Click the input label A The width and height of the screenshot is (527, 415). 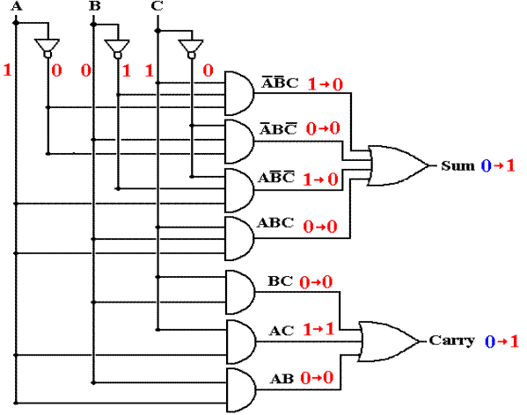[x=17, y=6]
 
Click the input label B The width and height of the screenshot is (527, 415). [x=95, y=6]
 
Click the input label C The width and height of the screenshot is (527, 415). [x=157, y=6]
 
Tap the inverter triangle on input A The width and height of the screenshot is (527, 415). [x=48, y=47]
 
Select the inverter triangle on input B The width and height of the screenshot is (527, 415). [x=117, y=47]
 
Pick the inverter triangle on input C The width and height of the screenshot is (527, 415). [x=191, y=47]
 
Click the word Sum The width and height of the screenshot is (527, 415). [x=457, y=165]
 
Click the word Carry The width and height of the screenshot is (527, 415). [x=451, y=340]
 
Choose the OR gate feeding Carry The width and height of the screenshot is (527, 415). [x=389, y=341]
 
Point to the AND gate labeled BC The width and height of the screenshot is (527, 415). [x=240, y=292]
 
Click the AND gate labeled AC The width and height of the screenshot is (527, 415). [x=241, y=342]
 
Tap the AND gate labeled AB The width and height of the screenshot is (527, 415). [x=241, y=390]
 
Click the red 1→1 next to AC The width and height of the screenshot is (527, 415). [x=318, y=330]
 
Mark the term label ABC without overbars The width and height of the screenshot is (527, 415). [x=275, y=222]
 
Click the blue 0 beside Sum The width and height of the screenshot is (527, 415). [x=486, y=166]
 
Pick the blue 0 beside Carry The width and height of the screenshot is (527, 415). [x=490, y=341]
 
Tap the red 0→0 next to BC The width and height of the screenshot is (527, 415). [x=316, y=282]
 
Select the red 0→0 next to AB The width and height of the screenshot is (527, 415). [x=317, y=378]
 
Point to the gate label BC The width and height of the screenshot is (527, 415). [x=281, y=281]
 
